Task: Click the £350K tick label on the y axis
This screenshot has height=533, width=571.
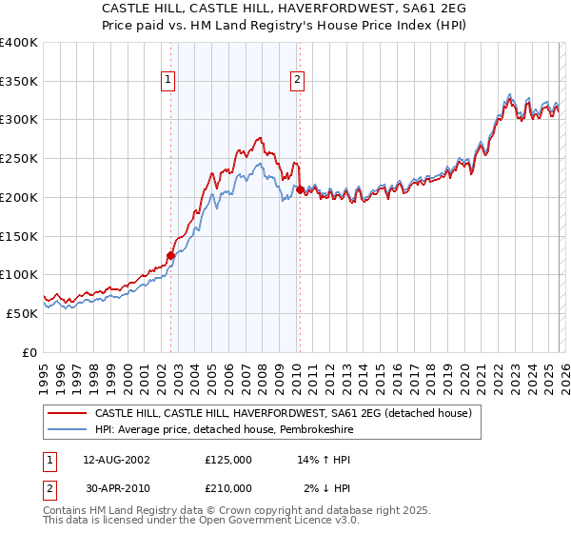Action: [19, 82]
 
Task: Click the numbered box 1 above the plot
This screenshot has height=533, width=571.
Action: [168, 81]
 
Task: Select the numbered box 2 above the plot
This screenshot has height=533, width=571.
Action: [298, 81]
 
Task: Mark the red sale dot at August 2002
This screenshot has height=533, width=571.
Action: [171, 255]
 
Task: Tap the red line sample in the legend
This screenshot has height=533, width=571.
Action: [67, 413]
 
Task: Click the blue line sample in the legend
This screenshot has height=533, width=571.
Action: [67, 429]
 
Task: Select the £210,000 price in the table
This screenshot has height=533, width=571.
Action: [228, 487]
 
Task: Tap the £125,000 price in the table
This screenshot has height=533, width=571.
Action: [228, 459]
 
